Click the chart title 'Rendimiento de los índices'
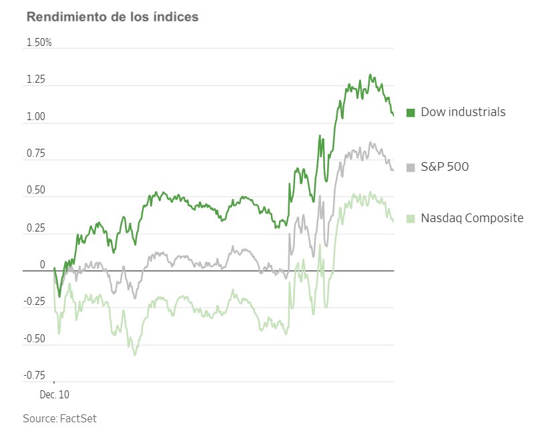[x=112, y=17]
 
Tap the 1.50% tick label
[x=39, y=43]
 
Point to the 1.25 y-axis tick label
[x=35, y=80]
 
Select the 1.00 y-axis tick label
[x=35, y=117]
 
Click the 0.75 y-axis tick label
[x=35, y=154]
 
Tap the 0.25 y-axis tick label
[x=35, y=228]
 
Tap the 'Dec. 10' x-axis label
[x=54, y=395]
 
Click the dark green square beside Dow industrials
[x=411, y=112]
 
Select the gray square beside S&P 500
[x=411, y=167]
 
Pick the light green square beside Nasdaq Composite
[x=411, y=218]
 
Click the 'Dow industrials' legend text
[x=463, y=112]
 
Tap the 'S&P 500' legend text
[x=445, y=167]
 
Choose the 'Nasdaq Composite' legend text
[x=472, y=218]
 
